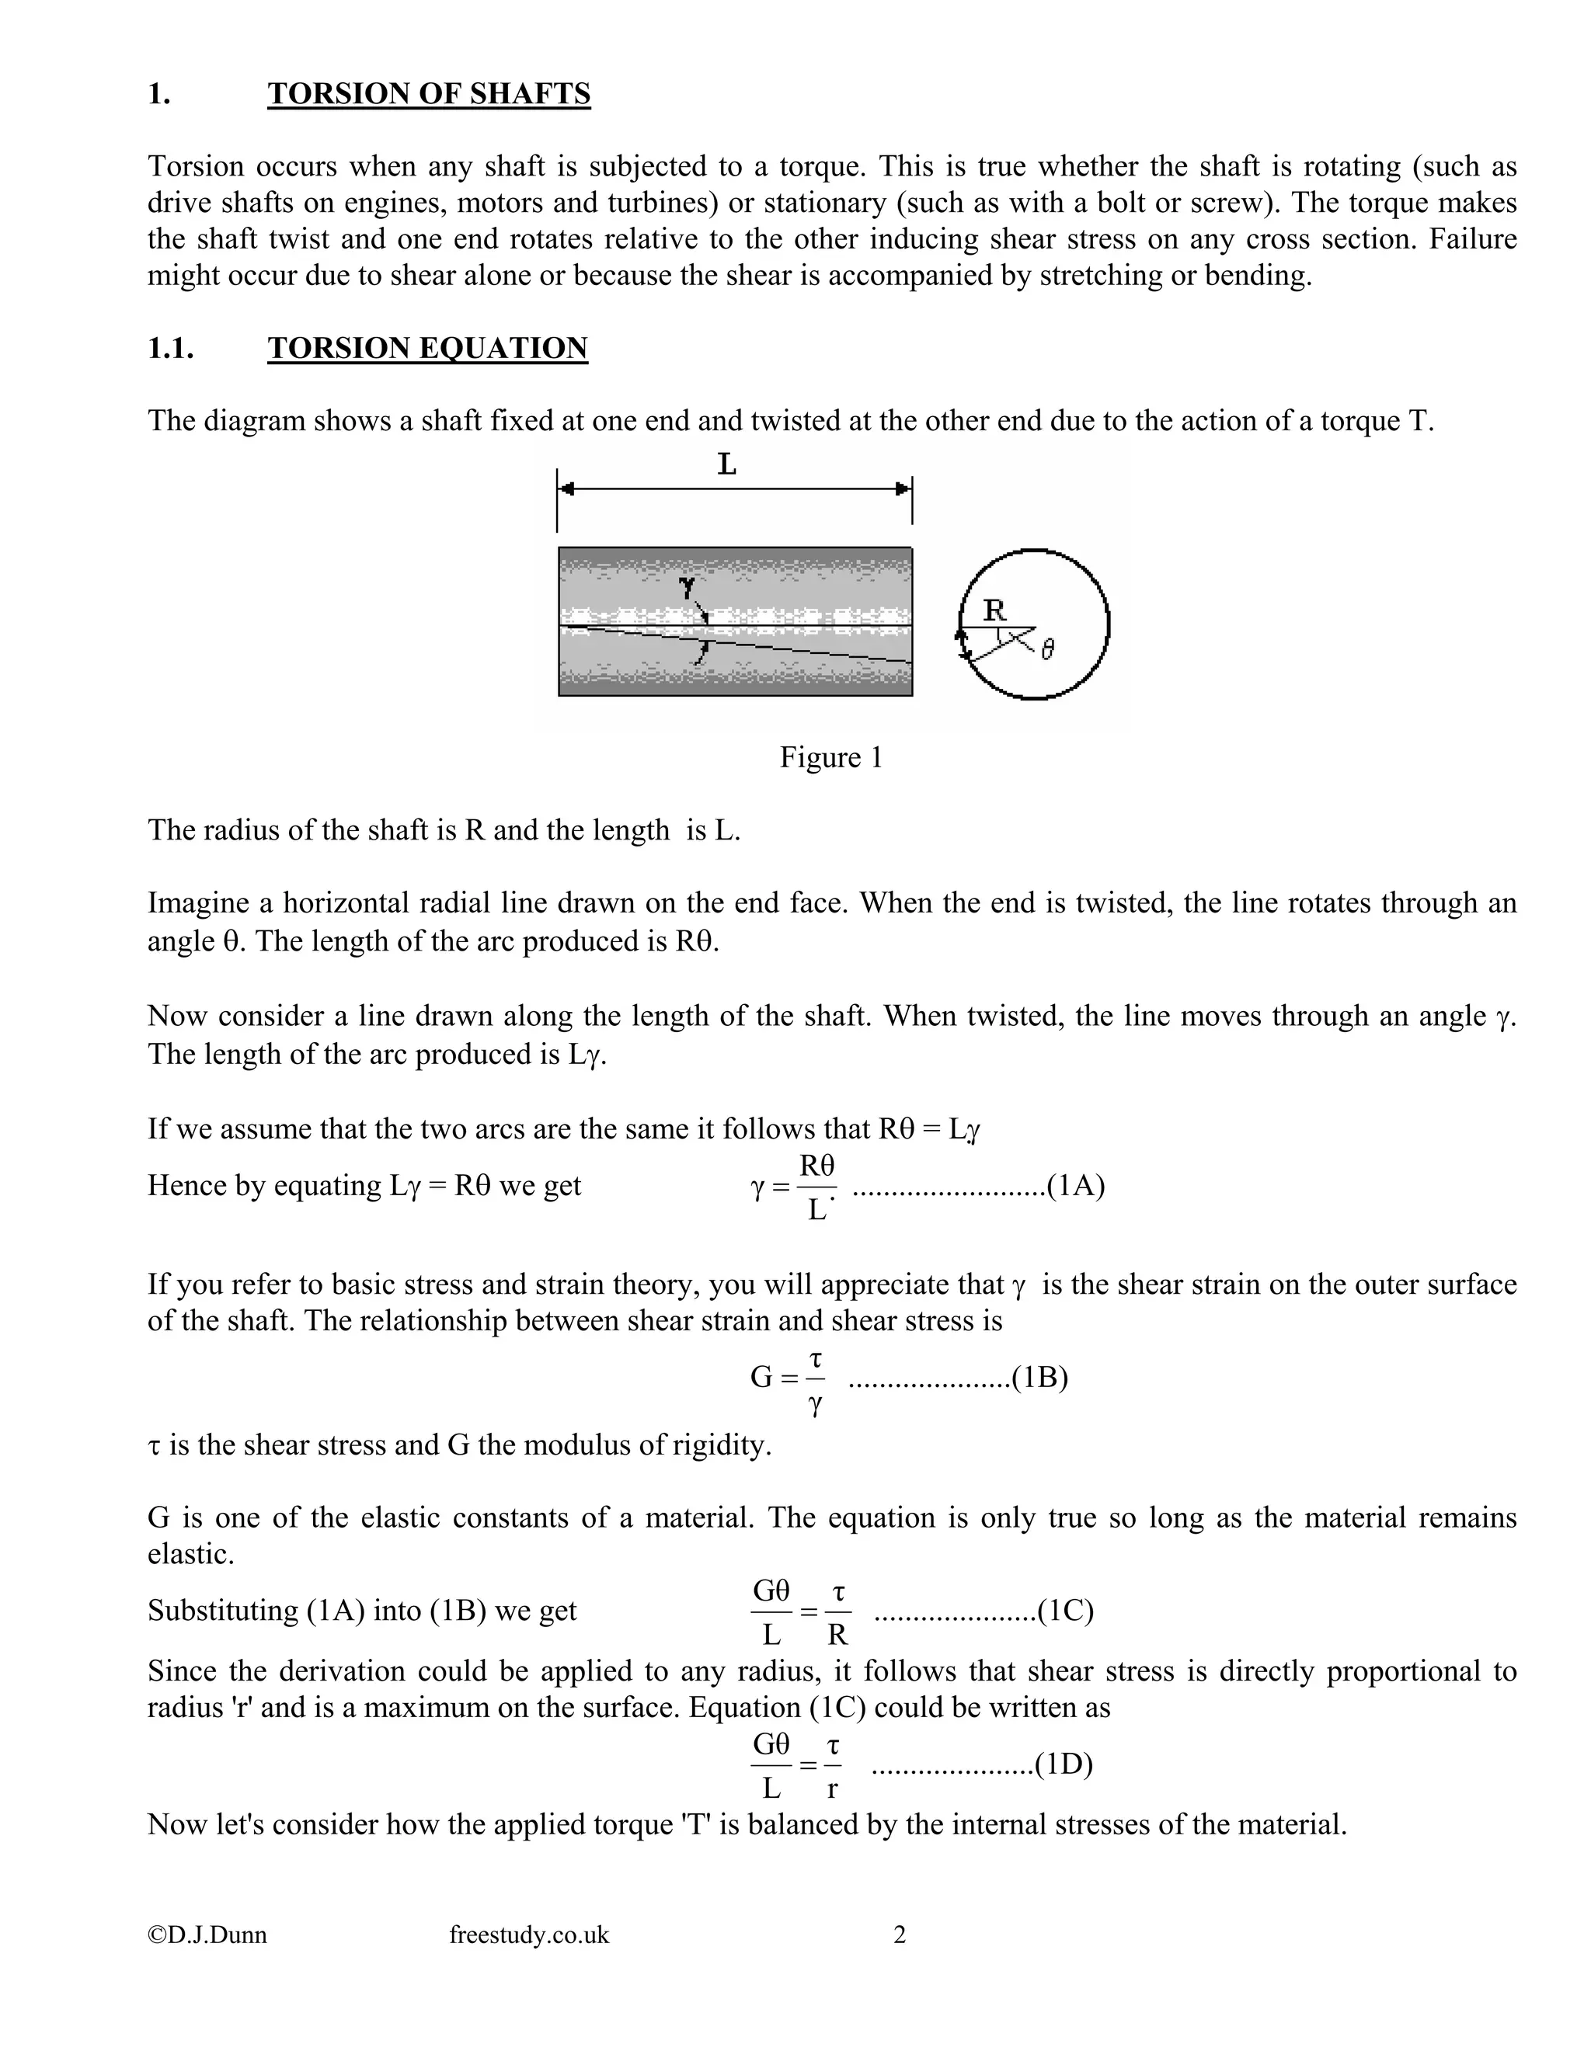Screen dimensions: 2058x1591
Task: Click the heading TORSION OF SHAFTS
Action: click(x=429, y=93)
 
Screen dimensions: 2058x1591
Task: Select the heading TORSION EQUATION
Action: click(x=427, y=348)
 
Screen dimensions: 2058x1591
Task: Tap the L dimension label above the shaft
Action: click(x=726, y=464)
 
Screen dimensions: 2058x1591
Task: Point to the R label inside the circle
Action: click(x=994, y=610)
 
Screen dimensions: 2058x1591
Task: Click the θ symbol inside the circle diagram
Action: click(x=1047, y=648)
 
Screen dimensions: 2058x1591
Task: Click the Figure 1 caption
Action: click(x=830, y=758)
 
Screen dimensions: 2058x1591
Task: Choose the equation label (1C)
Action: click(x=1065, y=1611)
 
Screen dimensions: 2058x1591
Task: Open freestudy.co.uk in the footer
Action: click(x=529, y=1935)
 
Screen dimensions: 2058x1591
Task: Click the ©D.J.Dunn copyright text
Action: click(x=207, y=1935)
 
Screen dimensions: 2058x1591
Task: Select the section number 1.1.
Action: click(x=171, y=348)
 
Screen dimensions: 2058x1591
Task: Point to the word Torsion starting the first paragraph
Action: click(x=195, y=167)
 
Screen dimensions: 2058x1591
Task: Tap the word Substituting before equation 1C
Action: click(x=222, y=1611)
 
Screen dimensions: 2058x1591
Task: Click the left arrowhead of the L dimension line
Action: click(x=566, y=488)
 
